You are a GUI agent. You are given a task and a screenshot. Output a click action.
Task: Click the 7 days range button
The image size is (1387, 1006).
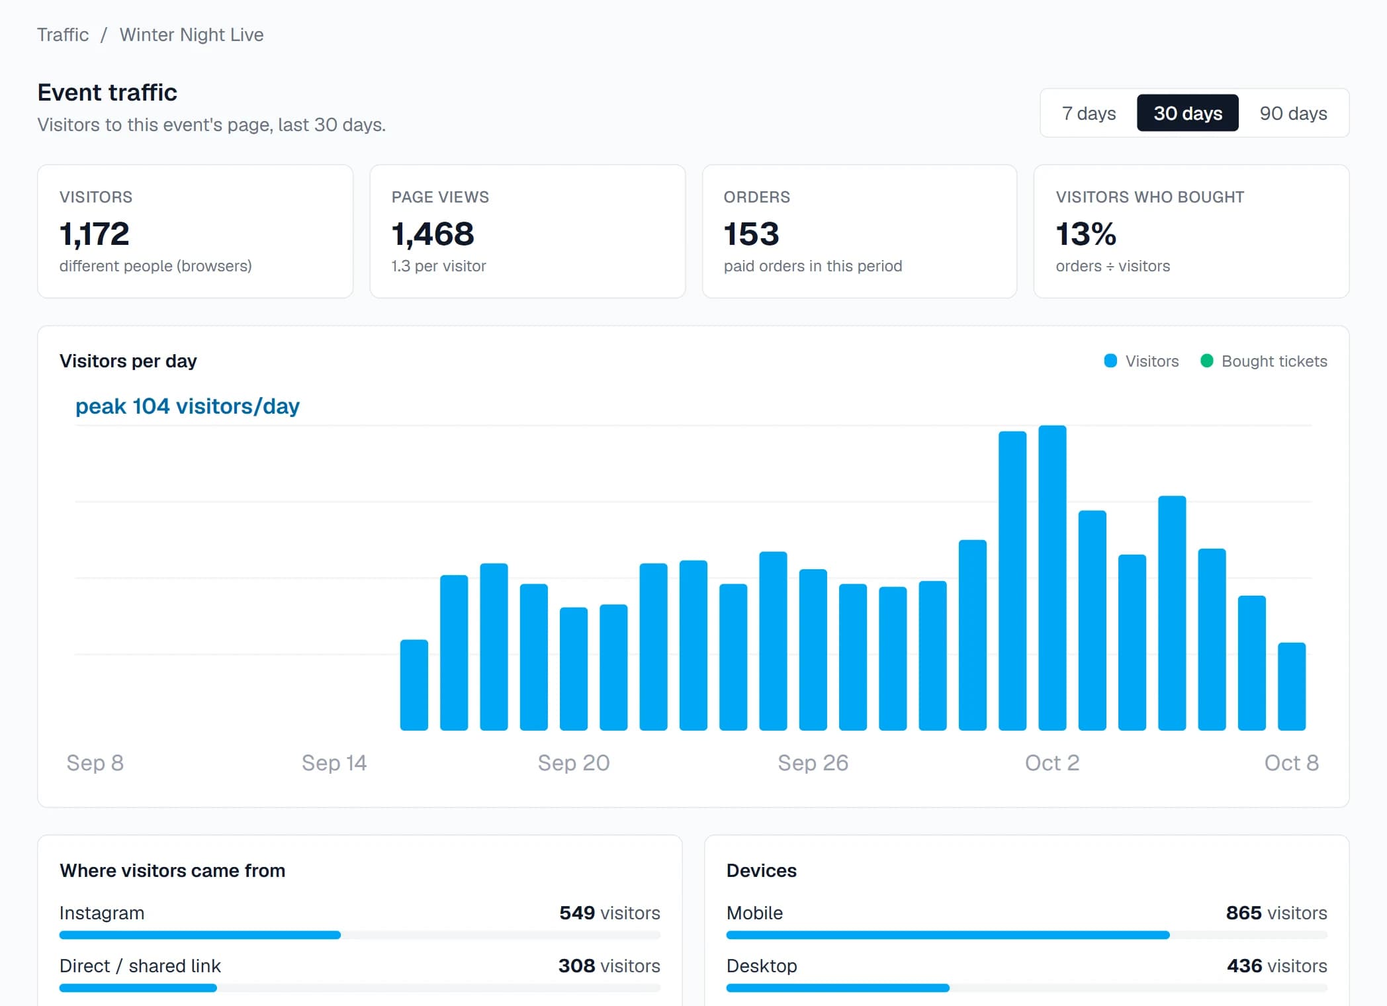(x=1089, y=113)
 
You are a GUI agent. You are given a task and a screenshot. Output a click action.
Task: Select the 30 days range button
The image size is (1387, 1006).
(x=1188, y=113)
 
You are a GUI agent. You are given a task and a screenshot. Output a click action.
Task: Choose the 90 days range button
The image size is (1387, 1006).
(x=1293, y=113)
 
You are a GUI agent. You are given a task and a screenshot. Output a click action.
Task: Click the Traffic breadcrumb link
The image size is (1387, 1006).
(x=63, y=34)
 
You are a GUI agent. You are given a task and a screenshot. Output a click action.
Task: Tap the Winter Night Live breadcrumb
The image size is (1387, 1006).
(x=191, y=34)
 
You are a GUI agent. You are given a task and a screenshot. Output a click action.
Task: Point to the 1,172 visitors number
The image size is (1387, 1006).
(x=94, y=234)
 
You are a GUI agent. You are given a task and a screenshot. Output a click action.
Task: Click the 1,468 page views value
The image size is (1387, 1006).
(x=433, y=234)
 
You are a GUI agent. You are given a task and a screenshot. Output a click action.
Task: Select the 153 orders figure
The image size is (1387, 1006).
(x=751, y=234)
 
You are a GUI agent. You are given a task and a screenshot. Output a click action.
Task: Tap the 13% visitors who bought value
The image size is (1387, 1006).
(x=1086, y=234)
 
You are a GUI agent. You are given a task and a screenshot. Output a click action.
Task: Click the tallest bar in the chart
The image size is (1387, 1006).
(x=1052, y=578)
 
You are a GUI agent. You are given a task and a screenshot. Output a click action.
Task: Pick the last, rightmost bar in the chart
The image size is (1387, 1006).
(x=1292, y=686)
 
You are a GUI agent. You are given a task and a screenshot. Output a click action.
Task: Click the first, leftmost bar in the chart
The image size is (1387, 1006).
(x=414, y=685)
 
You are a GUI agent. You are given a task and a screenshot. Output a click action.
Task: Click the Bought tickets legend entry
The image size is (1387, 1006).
(x=1263, y=361)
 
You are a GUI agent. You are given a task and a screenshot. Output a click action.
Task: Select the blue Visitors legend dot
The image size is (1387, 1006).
(x=1110, y=361)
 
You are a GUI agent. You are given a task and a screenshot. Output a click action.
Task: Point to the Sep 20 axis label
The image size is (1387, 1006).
(x=574, y=762)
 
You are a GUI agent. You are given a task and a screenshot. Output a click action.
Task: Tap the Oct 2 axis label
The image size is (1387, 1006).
(x=1052, y=762)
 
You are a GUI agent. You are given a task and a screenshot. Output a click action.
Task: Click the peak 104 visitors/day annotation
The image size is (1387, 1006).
(x=187, y=406)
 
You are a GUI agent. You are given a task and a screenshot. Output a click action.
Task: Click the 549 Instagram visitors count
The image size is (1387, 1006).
(x=577, y=913)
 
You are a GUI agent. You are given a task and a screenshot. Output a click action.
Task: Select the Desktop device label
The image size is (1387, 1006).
(x=762, y=966)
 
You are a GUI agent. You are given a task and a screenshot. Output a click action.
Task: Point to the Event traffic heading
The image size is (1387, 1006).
(x=107, y=92)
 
